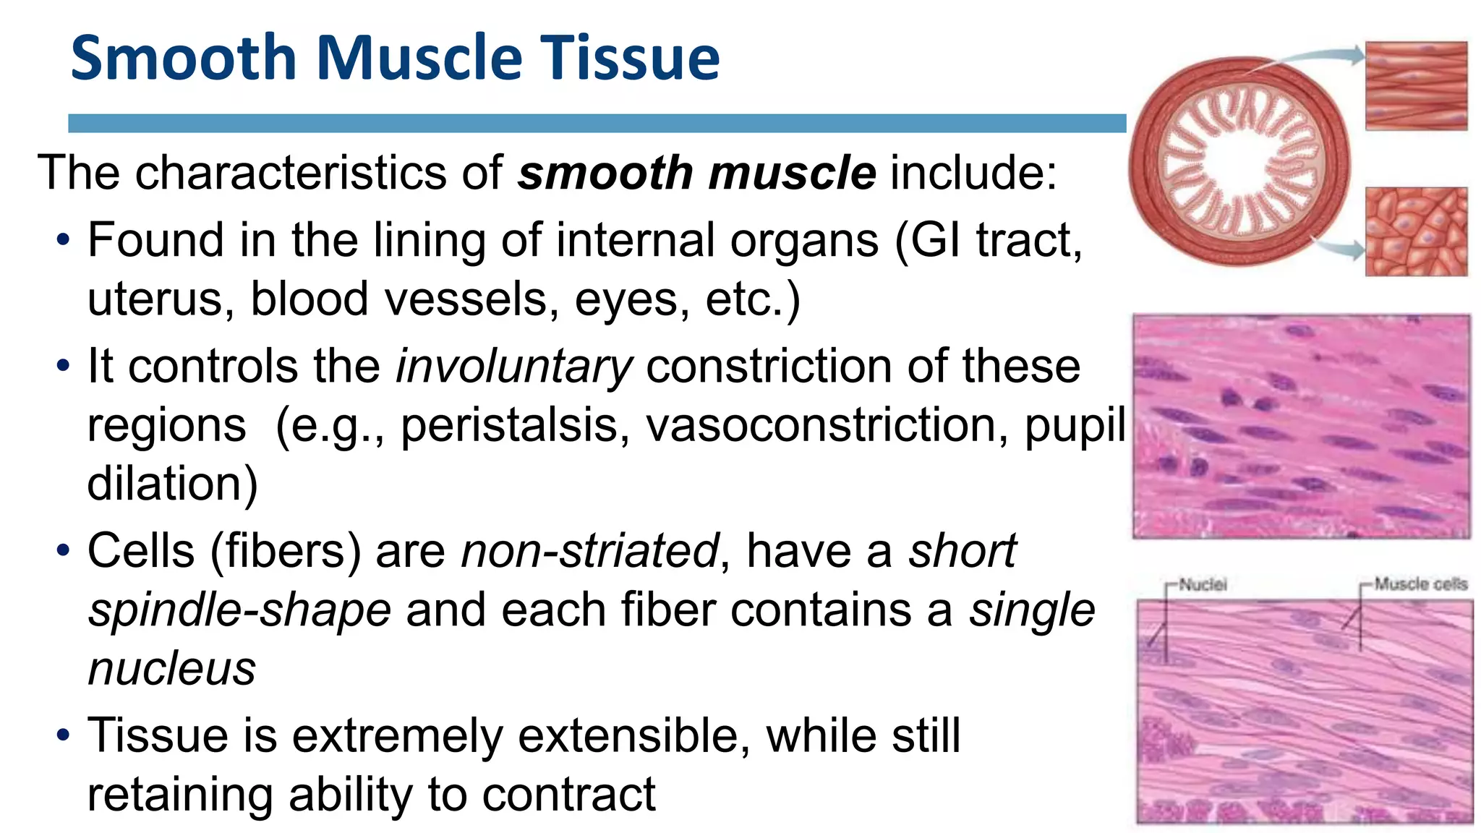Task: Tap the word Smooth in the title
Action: pyautogui.click(x=184, y=58)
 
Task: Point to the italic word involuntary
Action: pyautogui.click(x=513, y=367)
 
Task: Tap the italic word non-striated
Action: pyautogui.click(x=589, y=551)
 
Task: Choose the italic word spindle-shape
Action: pyautogui.click(x=239, y=610)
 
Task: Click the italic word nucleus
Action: pyautogui.click(x=171, y=669)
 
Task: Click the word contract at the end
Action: pyautogui.click(x=568, y=795)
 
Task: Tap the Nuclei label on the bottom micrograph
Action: pyautogui.click(x=1203, y=584)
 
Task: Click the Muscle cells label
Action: pyautogui.click(x=1420, y=584)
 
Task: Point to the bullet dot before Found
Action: pyautogui.click(x=64, y=240)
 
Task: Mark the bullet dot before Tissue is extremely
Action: pyautogui.click(x=64, y=736)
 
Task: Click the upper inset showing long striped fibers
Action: pyautogui.click(x=1416, y=85)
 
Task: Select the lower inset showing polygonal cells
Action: pyautogui.click(x=1416, y=231)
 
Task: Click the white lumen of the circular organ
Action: pyautogui.click(x=1238, y=163)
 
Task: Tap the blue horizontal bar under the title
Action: pyautogui.click(x=597, y=123)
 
